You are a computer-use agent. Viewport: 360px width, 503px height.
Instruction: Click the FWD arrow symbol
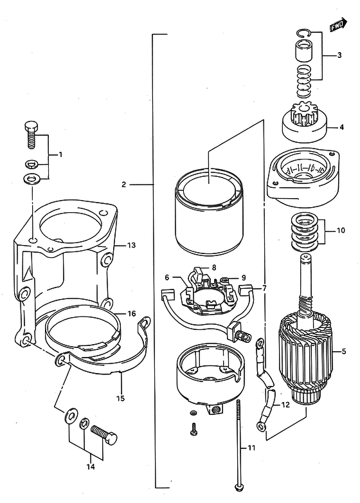click(x=339, y=25)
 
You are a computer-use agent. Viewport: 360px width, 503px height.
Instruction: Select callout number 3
click(x=339, y=55)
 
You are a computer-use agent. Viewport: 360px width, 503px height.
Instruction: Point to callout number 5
click(x=344, y=351)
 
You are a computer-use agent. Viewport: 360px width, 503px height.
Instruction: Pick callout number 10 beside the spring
click(x=341, y=230)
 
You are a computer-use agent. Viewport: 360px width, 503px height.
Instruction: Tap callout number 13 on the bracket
click(x=131, y=246)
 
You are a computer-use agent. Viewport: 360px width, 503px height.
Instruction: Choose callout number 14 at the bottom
click(x=91, y=466)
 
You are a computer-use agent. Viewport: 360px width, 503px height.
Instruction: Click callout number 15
click(x=120, y=398)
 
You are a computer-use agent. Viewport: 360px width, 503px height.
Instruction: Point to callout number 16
click(x=131, y=313)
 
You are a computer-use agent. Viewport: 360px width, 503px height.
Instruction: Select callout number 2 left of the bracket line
click(x=124, y=185)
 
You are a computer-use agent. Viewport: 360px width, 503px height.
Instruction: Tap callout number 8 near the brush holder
click(x=214, y=267)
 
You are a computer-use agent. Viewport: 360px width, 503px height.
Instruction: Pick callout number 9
click(x=244, y=277)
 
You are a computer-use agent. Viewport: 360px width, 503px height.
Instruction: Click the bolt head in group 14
click(x=112, y=438)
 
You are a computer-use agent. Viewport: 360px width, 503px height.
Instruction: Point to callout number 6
click(x=166, y=277)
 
